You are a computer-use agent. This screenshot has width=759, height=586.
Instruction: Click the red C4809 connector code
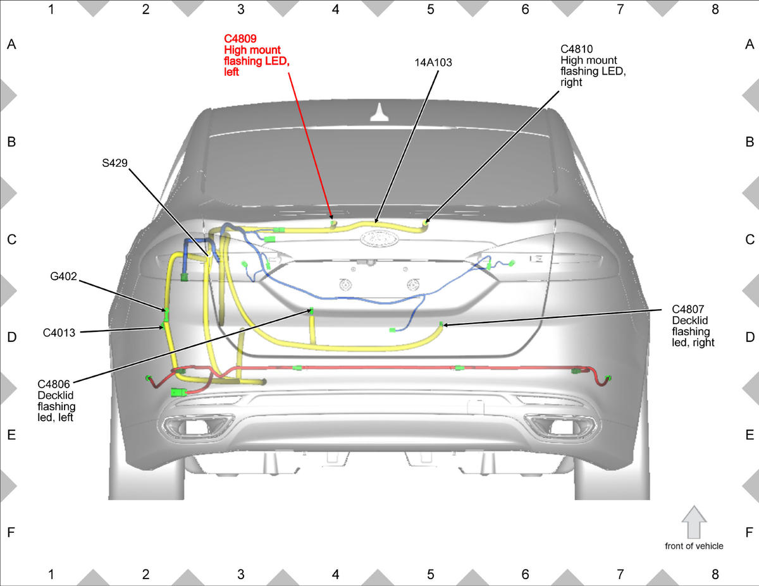click(x=240, y=39)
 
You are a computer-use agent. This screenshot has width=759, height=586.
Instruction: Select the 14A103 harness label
click(x=433, y=63)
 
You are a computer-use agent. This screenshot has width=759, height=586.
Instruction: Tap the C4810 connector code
click(x=577, y=49)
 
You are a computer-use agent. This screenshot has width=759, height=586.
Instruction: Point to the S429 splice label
click(x=114, y=163)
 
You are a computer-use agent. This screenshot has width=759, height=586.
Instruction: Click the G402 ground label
click(x=63, y=276)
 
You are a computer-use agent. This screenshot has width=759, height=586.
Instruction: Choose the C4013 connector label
click(x=59, y=333)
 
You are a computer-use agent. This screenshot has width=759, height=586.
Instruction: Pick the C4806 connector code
click(x=54, y=384)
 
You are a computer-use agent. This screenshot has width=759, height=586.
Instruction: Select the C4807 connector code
click(x=688, y=309)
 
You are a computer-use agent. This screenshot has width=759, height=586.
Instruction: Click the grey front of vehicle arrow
click(x=694, y=523)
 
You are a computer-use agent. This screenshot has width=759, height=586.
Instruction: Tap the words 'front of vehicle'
click(x=694, y=546)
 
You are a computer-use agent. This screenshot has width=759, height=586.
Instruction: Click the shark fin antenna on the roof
click(x=379, y=113)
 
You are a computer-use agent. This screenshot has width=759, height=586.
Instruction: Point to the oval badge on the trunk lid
click(x=379, y=239)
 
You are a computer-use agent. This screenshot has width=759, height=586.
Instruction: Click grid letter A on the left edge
click(x=11, y=44)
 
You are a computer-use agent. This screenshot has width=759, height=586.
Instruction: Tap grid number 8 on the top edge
click(x=715, y=9)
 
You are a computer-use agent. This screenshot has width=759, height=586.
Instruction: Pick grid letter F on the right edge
click(x=750, y=532)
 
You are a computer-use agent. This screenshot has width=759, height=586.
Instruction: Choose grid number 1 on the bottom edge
click(x=51, y=574)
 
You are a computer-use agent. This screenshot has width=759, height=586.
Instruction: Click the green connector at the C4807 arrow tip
click(x=441, y=324)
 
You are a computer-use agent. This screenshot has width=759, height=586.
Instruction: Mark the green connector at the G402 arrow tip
click(x=166, y=310)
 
